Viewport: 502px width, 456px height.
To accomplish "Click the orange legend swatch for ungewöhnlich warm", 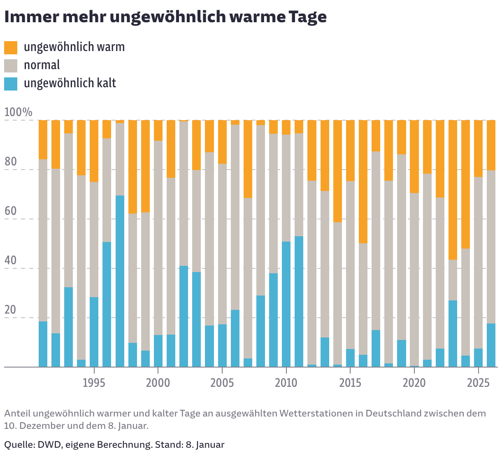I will click(x=11, y=47).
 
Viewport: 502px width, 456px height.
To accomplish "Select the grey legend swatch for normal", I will click(x=11, y=65).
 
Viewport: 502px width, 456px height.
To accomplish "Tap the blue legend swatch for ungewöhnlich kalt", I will click(x=11, y=84).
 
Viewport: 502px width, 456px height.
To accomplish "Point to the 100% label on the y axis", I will click(x=18, y=112).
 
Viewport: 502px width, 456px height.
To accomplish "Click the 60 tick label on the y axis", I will click(x=11, y=211).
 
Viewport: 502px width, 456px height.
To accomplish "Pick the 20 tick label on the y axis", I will click(x=11, y=310).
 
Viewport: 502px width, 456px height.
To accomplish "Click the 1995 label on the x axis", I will click(x=94, y=383).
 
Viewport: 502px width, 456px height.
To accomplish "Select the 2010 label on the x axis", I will click(x=286, y=383).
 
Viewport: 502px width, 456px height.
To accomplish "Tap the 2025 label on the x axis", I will click(x=478, y=383).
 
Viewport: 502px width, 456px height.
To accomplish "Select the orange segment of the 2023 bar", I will click(x=453, y=190).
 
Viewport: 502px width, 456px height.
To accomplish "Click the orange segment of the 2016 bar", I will click(x=363, y=181).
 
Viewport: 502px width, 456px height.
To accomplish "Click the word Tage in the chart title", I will click(x=307, y=17).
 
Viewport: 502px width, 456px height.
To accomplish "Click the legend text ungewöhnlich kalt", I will click(x=70, y=83).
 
